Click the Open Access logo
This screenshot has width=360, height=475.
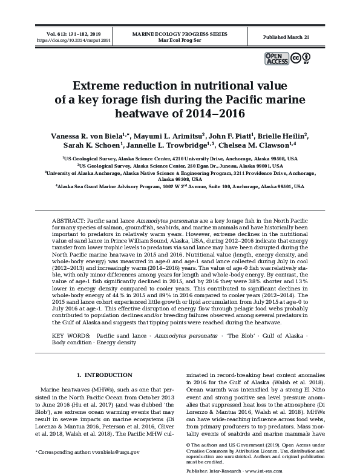[276, 59]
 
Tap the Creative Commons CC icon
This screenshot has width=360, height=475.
[295, 59]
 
